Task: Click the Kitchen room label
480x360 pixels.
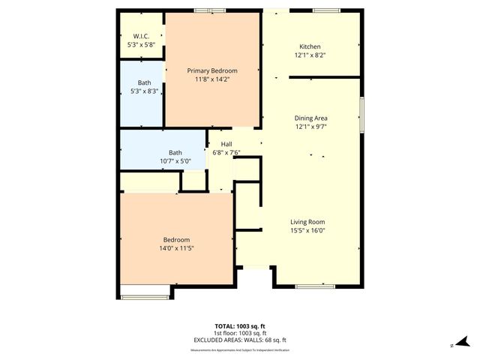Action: pyautogui.click(x=310, y=45)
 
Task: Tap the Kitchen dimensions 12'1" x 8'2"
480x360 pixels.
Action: pyautogui.click(x=310, y=54)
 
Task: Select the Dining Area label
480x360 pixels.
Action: pyautogui.click(x=310, y=118)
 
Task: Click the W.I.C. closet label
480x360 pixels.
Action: pyautogui.click(x=141, y=36)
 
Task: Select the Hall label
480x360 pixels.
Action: pyautogui.click(x=225, y=143)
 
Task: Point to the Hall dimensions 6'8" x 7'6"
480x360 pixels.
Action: pyautogui.click(x=225, y=152)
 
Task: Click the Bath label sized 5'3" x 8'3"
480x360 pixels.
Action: pyautogui.click(x=144, y=82)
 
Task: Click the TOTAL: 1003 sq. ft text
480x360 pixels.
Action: pyautogui.click(x=239, y=325)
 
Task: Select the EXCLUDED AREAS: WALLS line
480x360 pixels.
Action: pyautogui.click(x=239, y=340)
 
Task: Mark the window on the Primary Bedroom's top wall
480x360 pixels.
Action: pyautogui.click(x=209, y=10)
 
